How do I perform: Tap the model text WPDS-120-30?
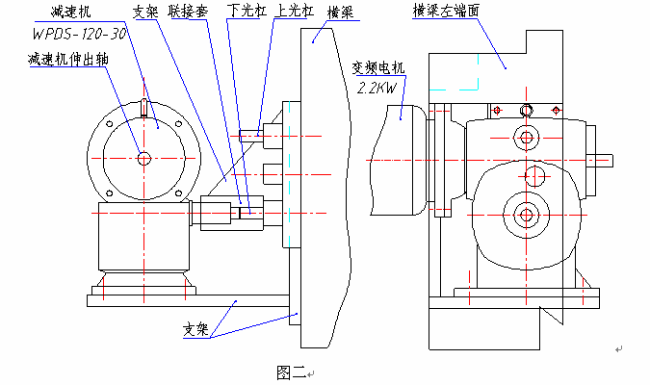pos(77,33)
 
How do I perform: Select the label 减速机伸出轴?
pos(68,59)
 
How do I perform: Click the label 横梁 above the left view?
pos(340,14)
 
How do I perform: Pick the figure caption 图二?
pos(290,372)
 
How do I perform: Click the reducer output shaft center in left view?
pos(143,158)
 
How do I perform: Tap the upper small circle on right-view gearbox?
pos(526,139)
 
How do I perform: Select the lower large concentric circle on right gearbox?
pos(526,213)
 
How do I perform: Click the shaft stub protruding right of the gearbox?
pos(599,159)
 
